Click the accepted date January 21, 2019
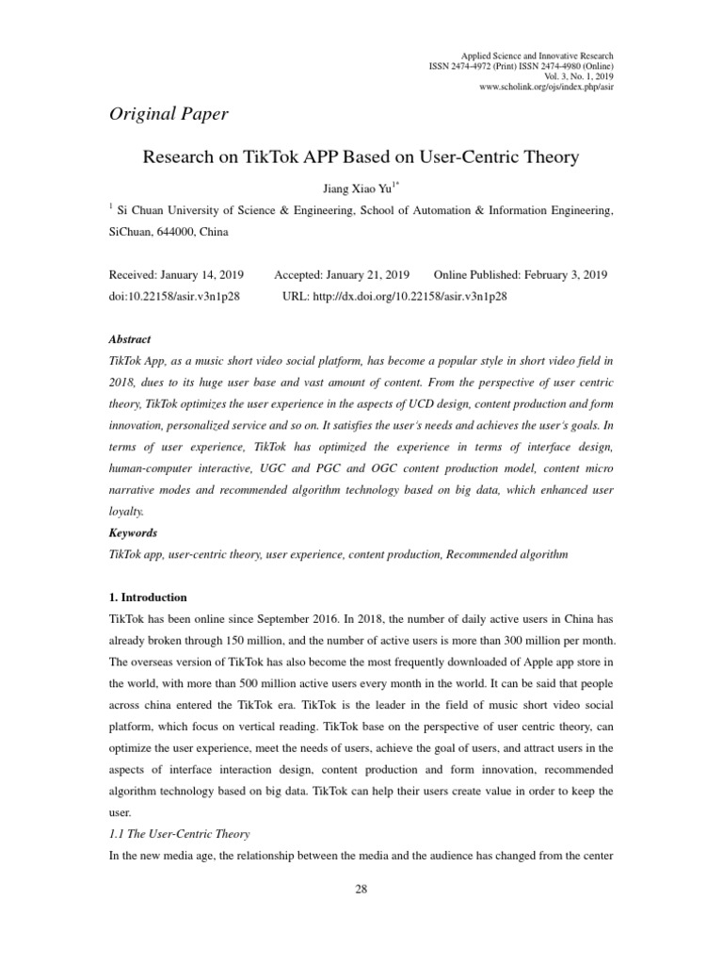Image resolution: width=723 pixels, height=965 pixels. tap(367, 275)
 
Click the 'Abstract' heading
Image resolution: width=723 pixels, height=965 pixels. tap(131, 339)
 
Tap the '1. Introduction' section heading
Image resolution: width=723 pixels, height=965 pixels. tap(149, 597)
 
